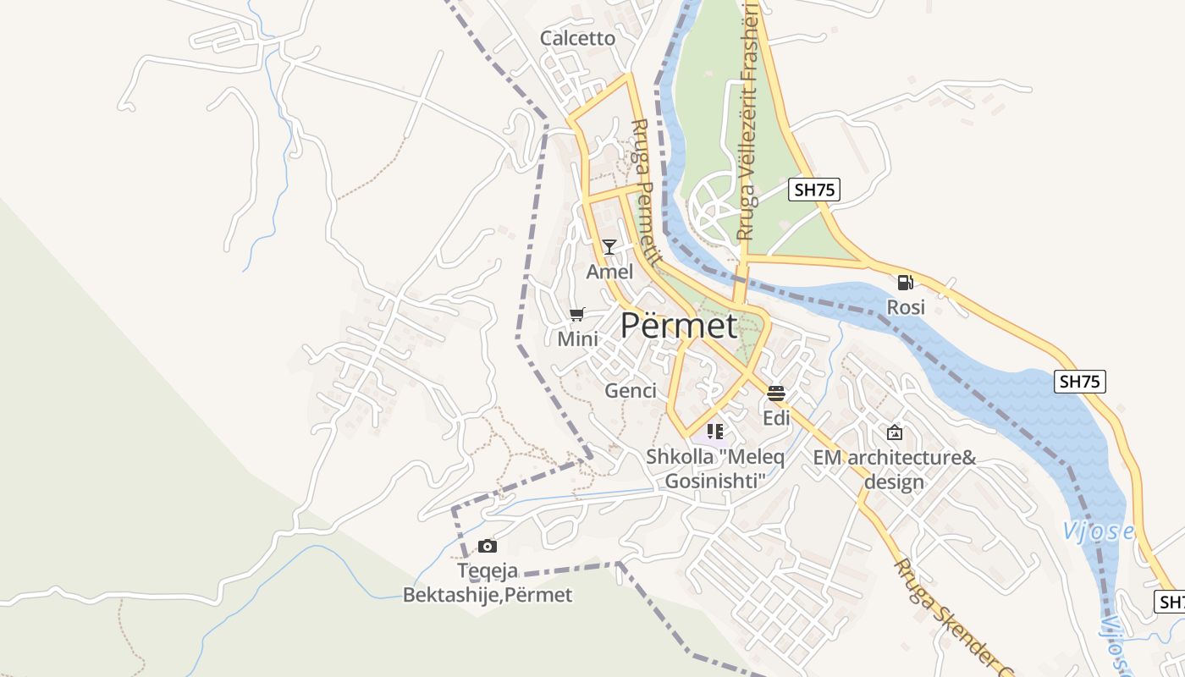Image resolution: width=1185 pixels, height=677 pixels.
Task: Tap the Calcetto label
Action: (577, 38)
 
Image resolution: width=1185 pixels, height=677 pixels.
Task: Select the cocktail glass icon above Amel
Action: (609, 247)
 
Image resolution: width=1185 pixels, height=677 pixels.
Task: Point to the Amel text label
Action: (609, 272)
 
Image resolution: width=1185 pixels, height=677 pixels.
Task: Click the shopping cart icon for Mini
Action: (577, 315)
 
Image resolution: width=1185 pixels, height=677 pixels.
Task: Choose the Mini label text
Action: (577, 339)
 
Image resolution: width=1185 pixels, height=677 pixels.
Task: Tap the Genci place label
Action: (631, 390)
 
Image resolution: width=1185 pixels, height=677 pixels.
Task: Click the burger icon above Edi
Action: (776, 394)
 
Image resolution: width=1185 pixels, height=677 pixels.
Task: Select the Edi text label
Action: (776, 418)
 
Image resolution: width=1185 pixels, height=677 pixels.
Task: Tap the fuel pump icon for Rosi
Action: (906, 283)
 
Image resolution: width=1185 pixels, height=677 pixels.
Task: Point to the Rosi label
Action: (906, 307)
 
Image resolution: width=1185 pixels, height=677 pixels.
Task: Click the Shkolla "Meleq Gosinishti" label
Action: (715, 469)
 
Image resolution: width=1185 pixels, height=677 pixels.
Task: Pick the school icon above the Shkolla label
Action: (715, 432)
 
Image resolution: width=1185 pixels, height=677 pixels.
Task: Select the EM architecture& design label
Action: (895, 470)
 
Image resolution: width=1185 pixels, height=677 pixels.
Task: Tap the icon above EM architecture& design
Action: (895, 432)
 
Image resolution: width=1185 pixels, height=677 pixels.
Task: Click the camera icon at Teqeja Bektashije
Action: (488, 546)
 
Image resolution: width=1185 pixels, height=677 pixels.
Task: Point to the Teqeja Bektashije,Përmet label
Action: (488, 584)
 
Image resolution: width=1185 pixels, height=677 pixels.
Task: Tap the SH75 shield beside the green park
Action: (814, 190)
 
